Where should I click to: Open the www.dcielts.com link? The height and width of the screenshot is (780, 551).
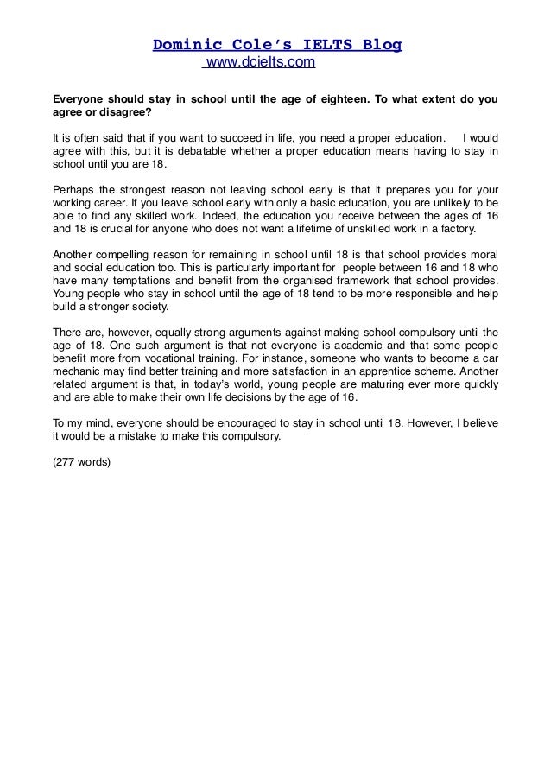259,63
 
